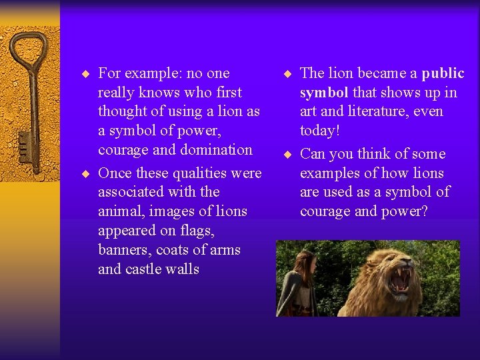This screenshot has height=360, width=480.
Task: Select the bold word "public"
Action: pos(443,73)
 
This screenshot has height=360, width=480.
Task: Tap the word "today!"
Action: pos(320,131)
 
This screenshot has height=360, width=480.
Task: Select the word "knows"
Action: pos(161,93)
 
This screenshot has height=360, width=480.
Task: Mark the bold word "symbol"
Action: pos(324,93)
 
